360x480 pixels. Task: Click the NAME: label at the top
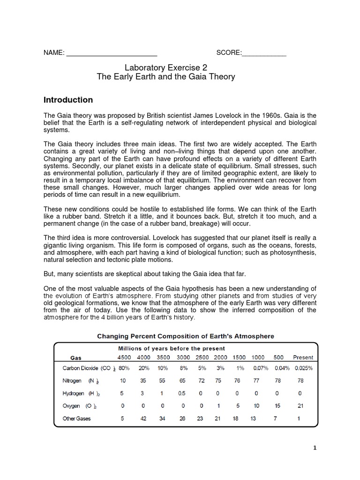54,52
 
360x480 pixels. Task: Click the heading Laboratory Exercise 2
165,67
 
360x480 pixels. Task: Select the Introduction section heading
68,100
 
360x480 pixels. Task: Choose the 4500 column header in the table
122,358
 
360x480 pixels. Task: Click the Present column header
303,358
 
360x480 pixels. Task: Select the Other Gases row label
77,419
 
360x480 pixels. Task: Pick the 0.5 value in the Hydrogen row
183,393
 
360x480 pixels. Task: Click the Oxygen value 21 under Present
300,406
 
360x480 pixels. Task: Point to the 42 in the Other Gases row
143,419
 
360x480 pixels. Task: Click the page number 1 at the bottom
315,448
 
